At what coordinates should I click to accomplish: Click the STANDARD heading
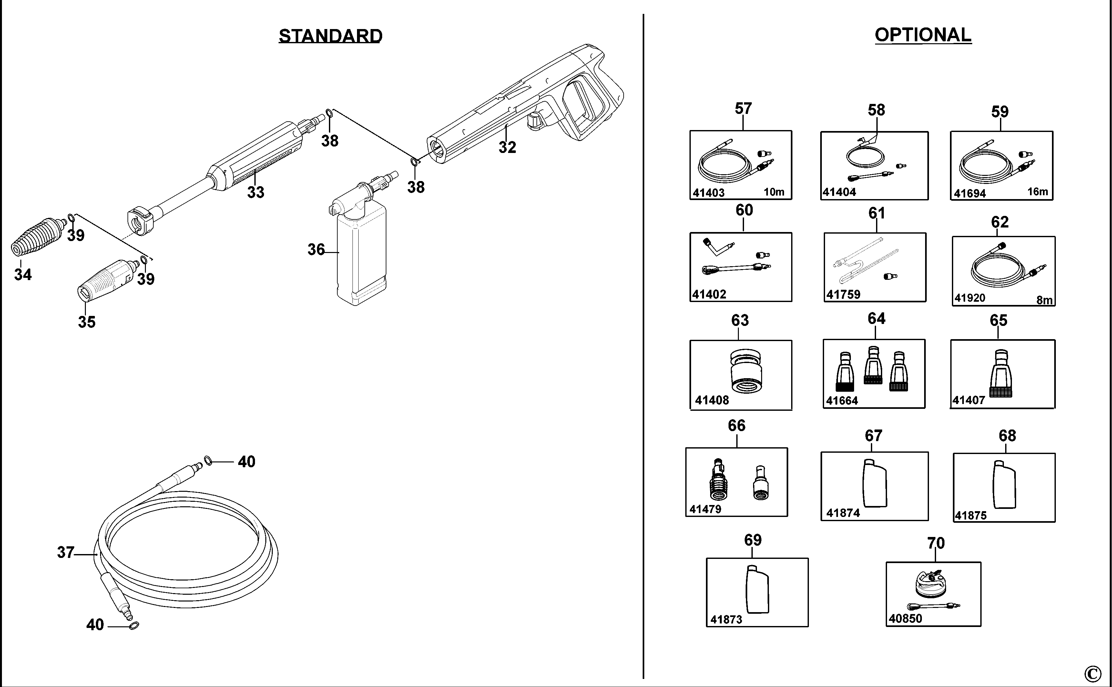coord(331,36)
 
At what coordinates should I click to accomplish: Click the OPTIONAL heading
coord(923,35)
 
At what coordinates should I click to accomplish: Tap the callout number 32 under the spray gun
coord(507,147)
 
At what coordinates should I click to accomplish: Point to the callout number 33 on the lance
coord(255,192)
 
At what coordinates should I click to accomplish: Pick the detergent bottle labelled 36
coord(361,255)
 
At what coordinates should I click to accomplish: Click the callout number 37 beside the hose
coord(66,552)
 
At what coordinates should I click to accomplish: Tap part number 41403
coord(709,193)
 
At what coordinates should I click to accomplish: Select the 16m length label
coord(1037,192)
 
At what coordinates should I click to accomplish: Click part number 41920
coord(970,298)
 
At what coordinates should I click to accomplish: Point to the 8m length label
coord(1044,300)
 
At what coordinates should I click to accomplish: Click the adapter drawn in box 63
coord(746,371)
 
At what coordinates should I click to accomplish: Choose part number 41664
coord(842,400)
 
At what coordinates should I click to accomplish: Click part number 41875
coord(970,515)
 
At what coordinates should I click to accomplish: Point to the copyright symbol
coord(1092,673)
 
